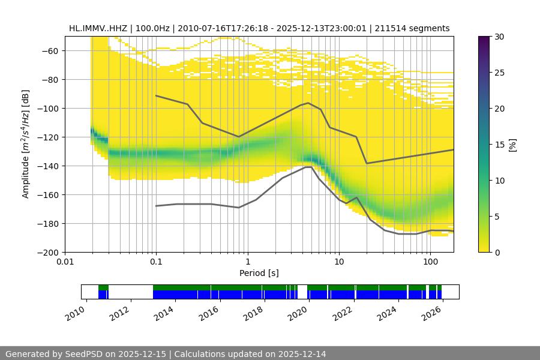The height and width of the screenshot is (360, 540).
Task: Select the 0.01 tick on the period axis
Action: pos(65,262)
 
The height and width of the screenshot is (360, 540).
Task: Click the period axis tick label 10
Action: pos(339,262)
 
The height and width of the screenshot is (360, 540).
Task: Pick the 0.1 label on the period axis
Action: pos(156,262)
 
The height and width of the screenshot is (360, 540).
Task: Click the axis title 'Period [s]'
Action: pos(259,273)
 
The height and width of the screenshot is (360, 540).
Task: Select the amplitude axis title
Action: pos(26,144)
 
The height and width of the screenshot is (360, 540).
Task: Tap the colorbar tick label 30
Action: pos(499,37)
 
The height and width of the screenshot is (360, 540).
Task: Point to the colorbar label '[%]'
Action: pos(512,145)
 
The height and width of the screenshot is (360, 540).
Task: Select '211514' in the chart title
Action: pos(401,28)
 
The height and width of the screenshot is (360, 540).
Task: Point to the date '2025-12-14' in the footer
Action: pos(300,354)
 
